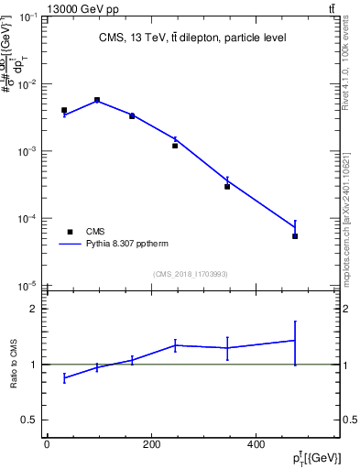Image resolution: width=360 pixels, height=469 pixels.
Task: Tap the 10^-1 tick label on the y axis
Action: pyautogui.click(x=28, y=17)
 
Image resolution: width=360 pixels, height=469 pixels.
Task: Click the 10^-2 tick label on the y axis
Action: pyautogui.click(x=28, y=84)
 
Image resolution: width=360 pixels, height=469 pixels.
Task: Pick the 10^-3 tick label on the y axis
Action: pyautogui.click(x=28, y=151)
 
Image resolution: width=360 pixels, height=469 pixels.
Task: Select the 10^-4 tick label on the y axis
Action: pyautogui.click(x=28, y=219)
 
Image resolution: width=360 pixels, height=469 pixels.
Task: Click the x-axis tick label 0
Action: pyautogui.click(x=47, y=445)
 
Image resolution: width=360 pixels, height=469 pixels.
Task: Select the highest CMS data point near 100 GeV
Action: pyautogui.click(x=97, y=100)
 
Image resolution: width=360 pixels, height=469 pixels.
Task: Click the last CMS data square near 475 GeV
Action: pyautogui.click(x=295, y=236)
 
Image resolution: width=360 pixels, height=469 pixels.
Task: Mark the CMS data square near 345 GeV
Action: pyautogui.click(x=227, y=186)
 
